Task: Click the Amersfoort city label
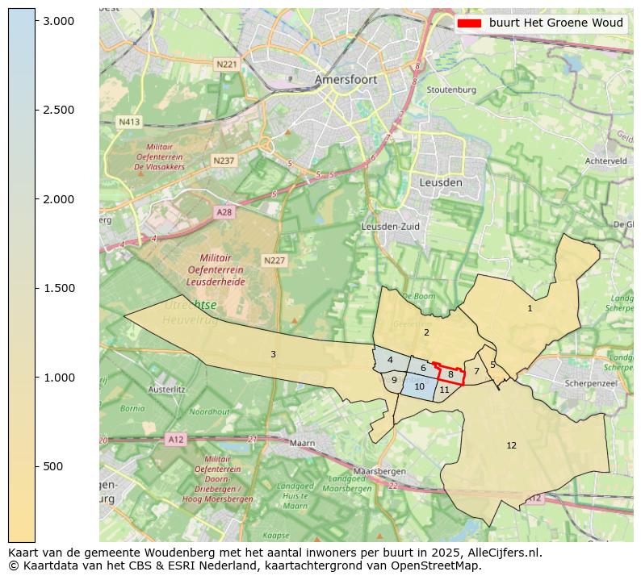pos(346,80)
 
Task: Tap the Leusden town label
pos(441,183)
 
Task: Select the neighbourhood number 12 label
pos(511,445)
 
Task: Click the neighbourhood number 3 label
pos(273,354)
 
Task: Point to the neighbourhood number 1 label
pos(530,308)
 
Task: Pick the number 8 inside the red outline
pos(450,374)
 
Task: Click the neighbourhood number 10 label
pos(419,386)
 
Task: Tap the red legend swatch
pos(469,23)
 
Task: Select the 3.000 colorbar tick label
pos(59,21)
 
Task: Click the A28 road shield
pos(224,211)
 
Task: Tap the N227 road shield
pos(274,261)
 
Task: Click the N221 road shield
pos(226,64)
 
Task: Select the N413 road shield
pos(129,122)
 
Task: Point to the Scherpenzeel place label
pos(591,384)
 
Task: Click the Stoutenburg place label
pos(451,90)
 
